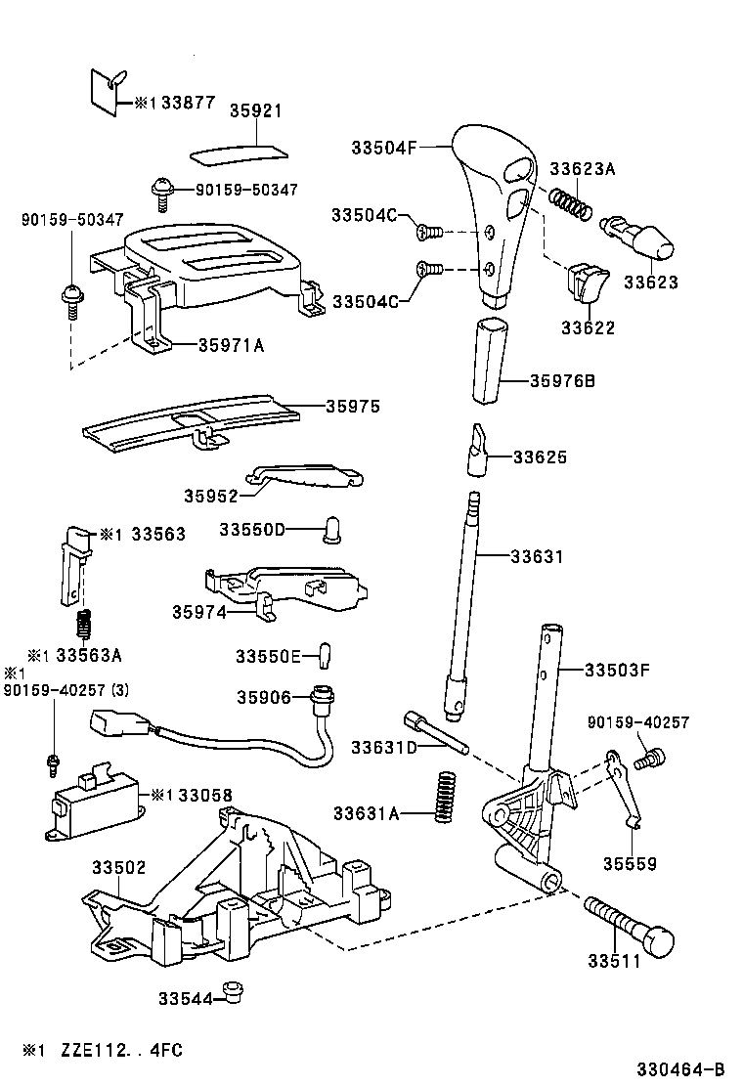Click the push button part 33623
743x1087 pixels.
point(640,237)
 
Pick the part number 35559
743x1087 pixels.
point(629,863)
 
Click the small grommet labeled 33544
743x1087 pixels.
point(231,991)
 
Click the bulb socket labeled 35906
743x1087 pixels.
point(319,699)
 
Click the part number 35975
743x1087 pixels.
point(353,406)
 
